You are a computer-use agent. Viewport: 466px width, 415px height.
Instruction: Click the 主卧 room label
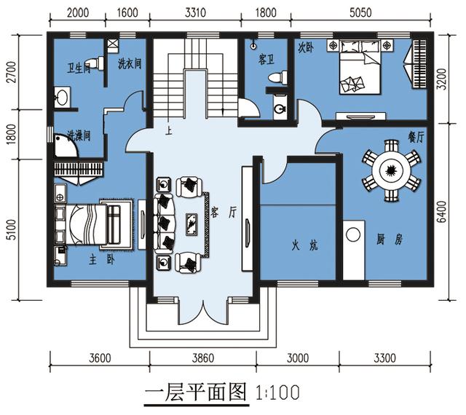pyautogui.click(x=99, y=259)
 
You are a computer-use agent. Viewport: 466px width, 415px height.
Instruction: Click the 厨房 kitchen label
pyautogui.click(x=385, y=238)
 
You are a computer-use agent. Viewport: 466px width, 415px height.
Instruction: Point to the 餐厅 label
pyautogui.click(x=416, y=137)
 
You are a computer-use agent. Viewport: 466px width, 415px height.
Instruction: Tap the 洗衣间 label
pyautogui.click(x=129, y=63)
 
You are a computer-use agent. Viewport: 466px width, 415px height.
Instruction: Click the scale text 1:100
pyautogui.click(x=277, y=393)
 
